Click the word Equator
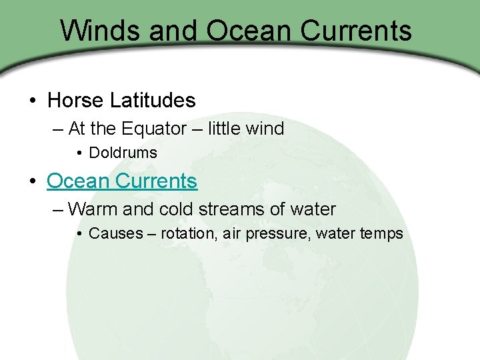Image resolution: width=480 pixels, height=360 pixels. (x=148, y=129)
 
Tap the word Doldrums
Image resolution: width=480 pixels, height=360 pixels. (x=123, y=153)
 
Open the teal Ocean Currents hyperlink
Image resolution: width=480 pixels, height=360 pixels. (x=122, y=181)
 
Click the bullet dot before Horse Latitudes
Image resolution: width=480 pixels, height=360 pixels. (x=33, y=101)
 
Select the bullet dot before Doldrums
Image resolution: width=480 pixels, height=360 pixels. (x=79, y=153)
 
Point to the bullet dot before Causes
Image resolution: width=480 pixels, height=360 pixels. (x=79, y=234)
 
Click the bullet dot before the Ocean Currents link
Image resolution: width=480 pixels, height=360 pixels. (x=33, y=181)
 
